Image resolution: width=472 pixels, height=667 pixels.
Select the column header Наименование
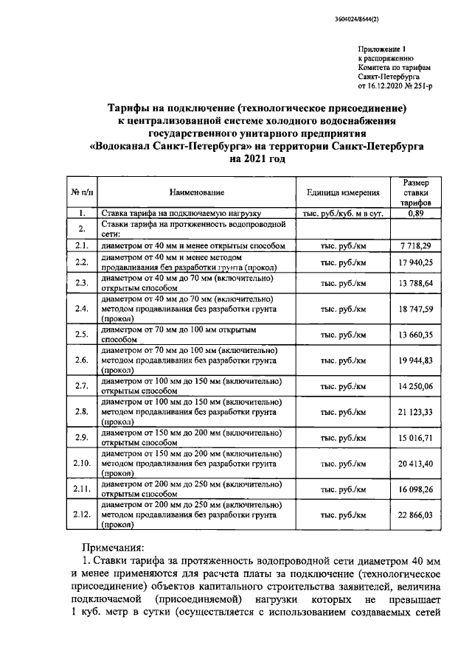click(x=197, y=192)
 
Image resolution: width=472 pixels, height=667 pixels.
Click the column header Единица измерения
click(x=343, y=192)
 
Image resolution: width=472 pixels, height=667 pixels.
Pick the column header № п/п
click(x=82, y=192)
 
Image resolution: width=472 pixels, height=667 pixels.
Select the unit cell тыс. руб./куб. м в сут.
click(x=343, y=213)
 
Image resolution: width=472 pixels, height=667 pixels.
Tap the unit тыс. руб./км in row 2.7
click(x=343, y=386)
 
